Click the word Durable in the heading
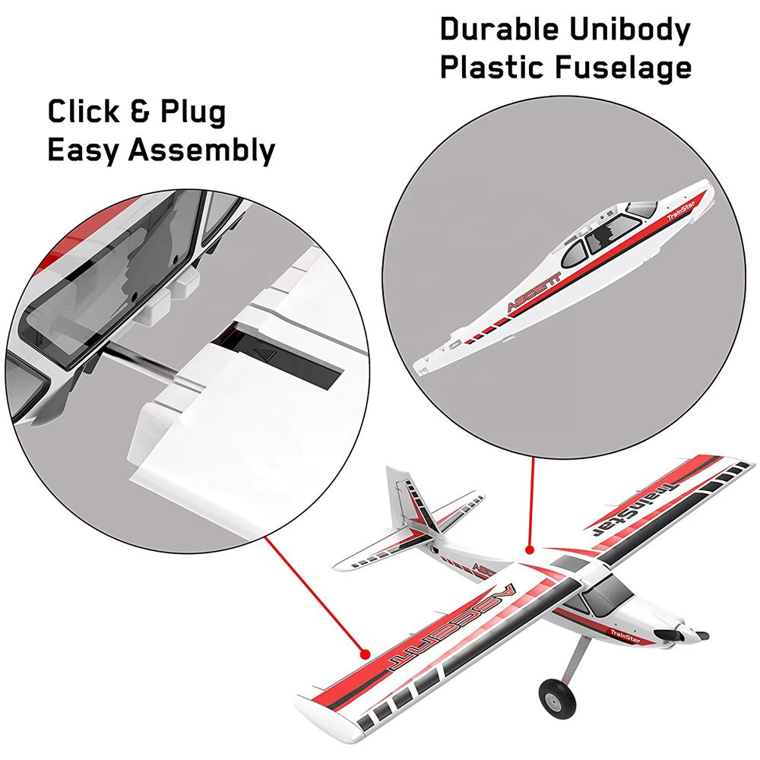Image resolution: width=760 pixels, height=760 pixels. tap(499, 30)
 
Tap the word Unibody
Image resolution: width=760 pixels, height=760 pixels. tap(629, 30)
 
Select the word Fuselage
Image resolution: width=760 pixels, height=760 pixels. tap(624, 68)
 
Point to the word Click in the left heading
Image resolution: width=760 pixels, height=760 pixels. tap(84, 112)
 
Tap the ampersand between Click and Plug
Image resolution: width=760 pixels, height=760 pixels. tap(140, 112)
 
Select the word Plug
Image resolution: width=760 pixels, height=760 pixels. tap(193, 113)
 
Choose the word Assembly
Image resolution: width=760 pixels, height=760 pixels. tap(201, 150)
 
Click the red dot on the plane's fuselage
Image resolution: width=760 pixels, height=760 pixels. tap(530, 549)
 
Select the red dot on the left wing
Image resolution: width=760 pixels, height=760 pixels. tap(365, 654)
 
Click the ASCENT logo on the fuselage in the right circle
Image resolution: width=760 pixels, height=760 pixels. tap(534, 293)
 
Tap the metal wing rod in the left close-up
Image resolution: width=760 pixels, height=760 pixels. tap(140, 359)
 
